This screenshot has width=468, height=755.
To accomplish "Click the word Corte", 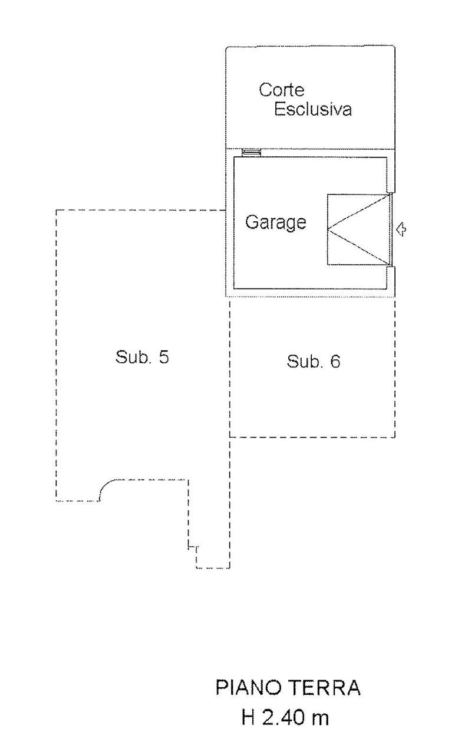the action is coord(282,90).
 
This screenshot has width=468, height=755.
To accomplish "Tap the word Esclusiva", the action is coord(313,109).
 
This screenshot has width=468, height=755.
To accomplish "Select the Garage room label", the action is coord(276,223).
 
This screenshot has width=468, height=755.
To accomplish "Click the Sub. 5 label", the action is coord(142,357).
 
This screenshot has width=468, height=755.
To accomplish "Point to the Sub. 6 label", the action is coord(314,362).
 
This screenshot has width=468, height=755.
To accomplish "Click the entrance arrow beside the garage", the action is coord(401,229).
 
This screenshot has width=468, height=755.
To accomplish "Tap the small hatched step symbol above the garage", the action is coord(251,153).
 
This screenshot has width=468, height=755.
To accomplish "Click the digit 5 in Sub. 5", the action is coord(164,357).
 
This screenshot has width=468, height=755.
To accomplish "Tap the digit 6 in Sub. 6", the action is coord(335,362).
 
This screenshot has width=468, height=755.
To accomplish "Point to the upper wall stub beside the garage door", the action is coord(391,175).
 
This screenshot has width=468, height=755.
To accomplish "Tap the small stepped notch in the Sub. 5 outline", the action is coord(193,546).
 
